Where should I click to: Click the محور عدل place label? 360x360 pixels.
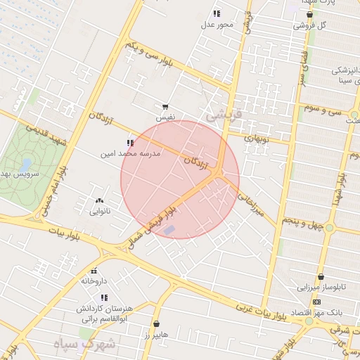217,25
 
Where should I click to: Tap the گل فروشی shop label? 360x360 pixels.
311,25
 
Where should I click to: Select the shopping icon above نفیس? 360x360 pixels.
165,107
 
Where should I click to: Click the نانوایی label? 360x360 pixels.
99,211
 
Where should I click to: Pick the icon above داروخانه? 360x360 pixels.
93,271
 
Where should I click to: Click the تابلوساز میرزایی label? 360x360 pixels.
321,288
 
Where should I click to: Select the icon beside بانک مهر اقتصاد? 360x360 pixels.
317,302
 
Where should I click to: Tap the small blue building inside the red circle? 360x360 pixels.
169,230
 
